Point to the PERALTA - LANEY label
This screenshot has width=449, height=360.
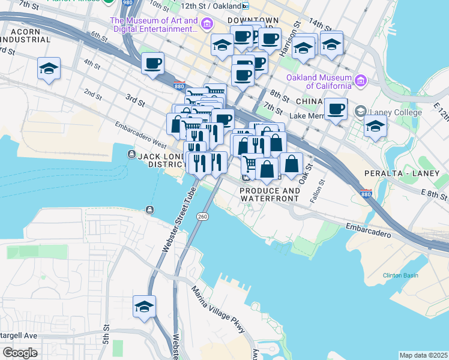tap(398, 173)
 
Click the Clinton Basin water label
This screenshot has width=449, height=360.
tap(400, 275)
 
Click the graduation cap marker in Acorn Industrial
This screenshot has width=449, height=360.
tap(49, 68)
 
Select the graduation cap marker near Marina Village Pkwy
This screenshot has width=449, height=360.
tap(145, 307)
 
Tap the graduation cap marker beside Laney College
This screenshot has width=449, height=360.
tap(375, 127)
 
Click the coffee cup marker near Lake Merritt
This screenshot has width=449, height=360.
tap(336, 109)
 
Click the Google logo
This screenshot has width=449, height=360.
tap(20, 353)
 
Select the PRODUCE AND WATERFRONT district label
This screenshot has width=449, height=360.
tap(270, 194)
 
